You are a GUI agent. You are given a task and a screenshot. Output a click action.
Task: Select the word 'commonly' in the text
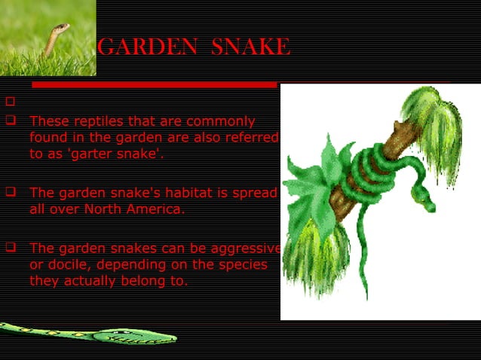pyautogui.click(x=224, y=121)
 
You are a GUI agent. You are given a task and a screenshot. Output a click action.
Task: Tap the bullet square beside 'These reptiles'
pyautogui.click(x=10, y=120)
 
